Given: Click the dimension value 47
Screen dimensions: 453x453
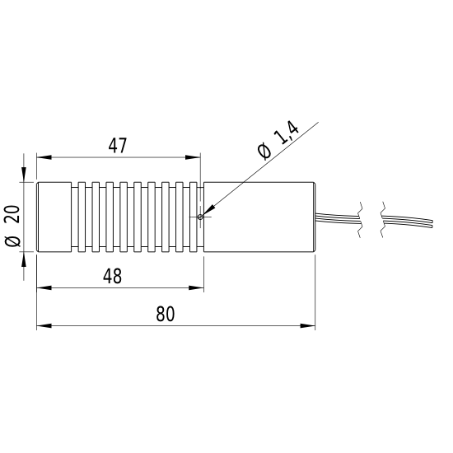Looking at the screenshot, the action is (118, 146).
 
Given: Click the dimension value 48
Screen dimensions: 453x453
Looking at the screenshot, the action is (112, 276).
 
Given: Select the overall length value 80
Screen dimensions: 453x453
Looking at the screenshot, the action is (166, 314).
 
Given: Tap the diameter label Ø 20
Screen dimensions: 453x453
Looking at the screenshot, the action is (12, 226).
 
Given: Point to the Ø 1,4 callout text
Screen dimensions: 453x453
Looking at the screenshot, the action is (278, 140).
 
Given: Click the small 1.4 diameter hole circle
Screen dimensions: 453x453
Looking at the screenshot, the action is (200, 217).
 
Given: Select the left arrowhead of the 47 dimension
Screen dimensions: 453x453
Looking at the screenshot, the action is (44, 157).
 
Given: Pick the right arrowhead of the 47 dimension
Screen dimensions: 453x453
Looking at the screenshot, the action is (193, 157).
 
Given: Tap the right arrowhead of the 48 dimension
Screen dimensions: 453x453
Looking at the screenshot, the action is (197, 287).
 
